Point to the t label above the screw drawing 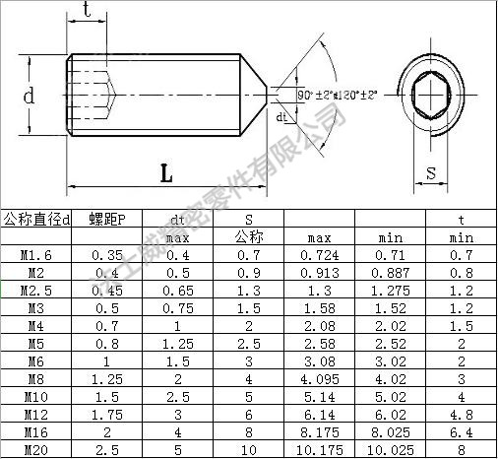[x=89, y=11]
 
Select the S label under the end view [x=430, y=173]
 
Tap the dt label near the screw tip [x=281, y=117]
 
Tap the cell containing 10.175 [x=319, y=449]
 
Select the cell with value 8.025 [x=391, y=431]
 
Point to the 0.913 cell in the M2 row [x=319, y=273]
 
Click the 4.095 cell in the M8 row [x=319, y=378]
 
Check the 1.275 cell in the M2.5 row [x=391, y=291]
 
